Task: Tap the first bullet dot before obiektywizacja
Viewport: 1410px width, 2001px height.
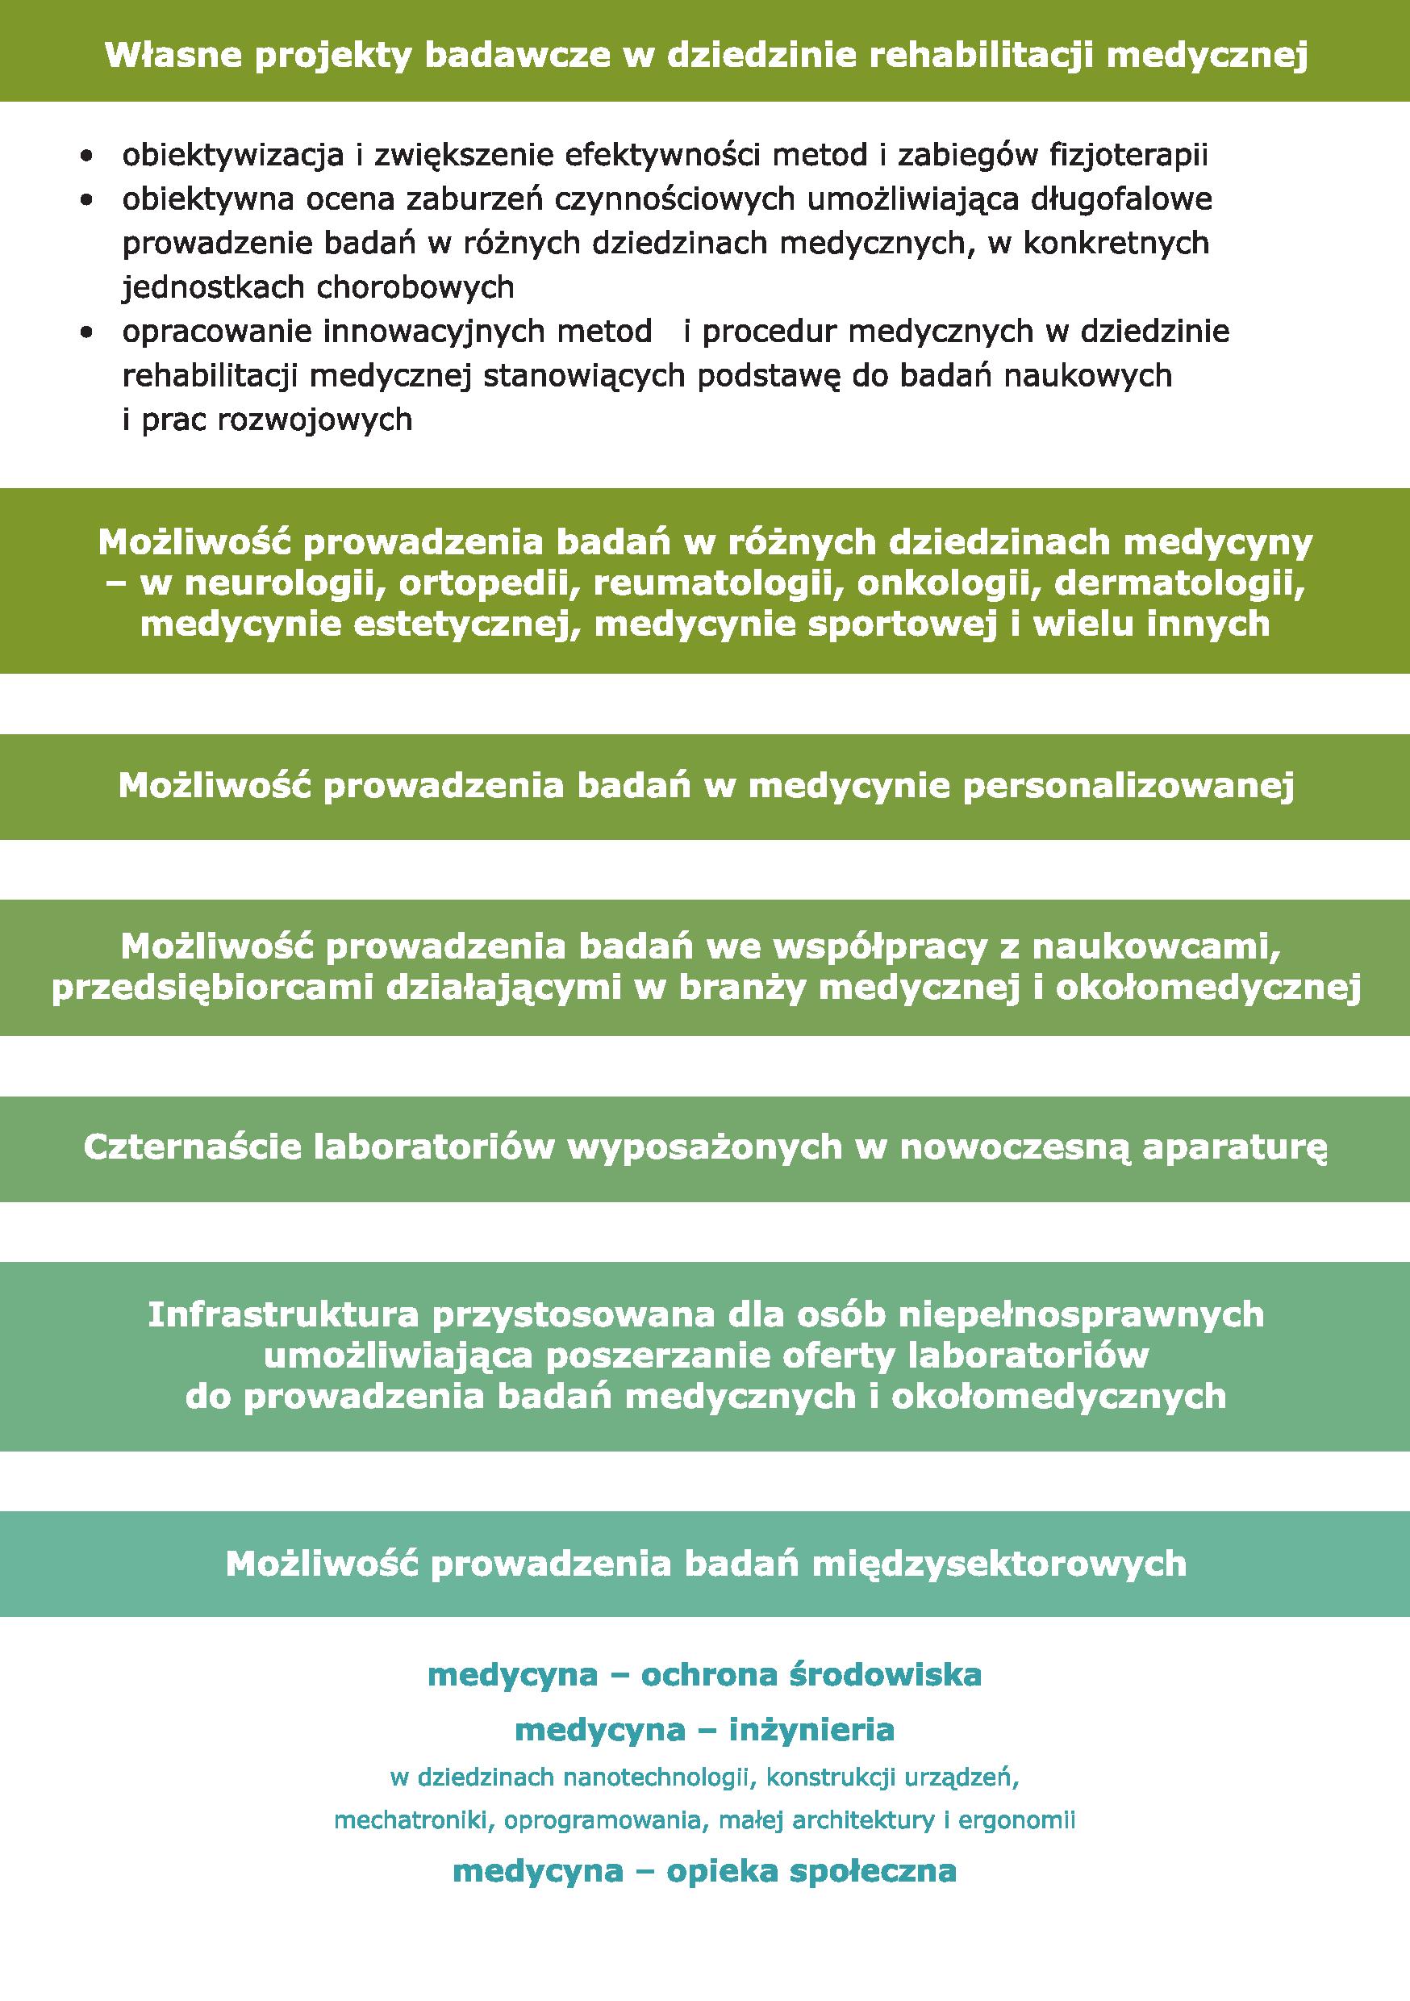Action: click(x=86, y=158)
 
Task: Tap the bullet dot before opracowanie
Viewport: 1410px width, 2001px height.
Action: click(x=86, y=332)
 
